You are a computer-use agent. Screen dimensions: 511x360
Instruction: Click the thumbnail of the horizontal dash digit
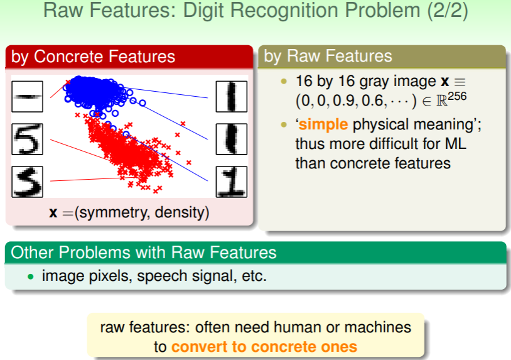28,97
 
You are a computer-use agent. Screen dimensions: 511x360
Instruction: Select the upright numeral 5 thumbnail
28,139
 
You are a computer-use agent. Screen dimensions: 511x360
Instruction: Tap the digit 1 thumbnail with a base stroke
232,182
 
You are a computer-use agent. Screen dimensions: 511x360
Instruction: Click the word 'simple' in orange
323,124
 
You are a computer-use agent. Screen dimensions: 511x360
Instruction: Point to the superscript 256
457,97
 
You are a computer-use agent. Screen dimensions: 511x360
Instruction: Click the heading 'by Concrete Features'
93,57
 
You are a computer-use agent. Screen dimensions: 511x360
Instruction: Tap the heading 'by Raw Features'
328,56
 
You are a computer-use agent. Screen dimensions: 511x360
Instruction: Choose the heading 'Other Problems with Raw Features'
143,253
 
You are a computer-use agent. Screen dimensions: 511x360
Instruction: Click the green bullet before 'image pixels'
31,277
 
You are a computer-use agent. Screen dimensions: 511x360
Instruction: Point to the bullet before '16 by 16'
284,82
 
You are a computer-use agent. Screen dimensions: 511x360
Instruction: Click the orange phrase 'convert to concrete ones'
264,347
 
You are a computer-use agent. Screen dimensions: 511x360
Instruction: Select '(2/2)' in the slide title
448,11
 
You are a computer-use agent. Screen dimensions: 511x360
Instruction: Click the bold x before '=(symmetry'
53,213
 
